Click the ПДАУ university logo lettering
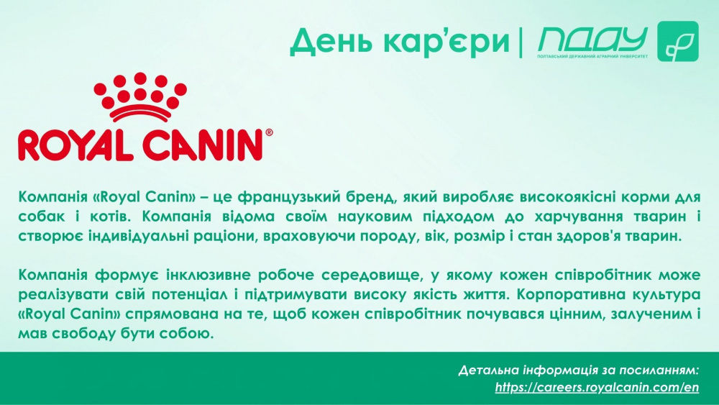(592, 40)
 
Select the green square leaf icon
(678, 41)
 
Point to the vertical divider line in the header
(521, 42)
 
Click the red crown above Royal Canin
(140, 96)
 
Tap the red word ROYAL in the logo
(76, 145)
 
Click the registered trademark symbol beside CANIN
(269, 132)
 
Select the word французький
(293, 197)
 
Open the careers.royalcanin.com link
(597, 388)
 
